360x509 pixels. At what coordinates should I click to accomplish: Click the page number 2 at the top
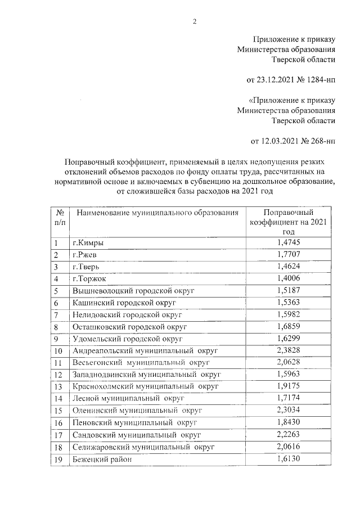(x=195, y=22)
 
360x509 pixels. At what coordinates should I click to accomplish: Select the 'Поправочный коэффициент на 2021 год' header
(x=289, y=222)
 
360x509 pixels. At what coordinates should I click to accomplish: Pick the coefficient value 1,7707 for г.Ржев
(x=289, y=255)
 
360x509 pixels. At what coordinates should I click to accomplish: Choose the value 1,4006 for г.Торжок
(x=289, y=278)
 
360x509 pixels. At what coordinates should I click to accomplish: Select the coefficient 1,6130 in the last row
(x=289, y=458)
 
